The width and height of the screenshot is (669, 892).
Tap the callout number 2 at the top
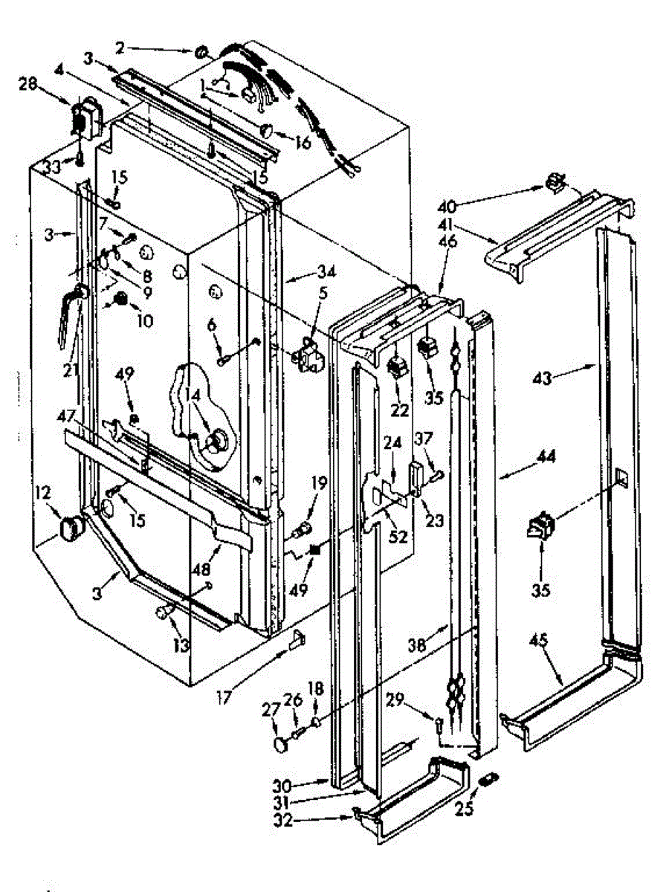119,48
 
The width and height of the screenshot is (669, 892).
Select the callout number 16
303,142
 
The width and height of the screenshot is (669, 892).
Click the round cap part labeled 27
282,743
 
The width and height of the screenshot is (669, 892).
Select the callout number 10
144,321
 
